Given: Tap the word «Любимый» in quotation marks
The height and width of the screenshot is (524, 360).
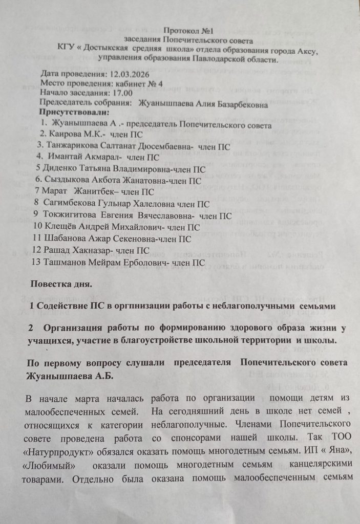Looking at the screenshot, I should pos(53,467).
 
